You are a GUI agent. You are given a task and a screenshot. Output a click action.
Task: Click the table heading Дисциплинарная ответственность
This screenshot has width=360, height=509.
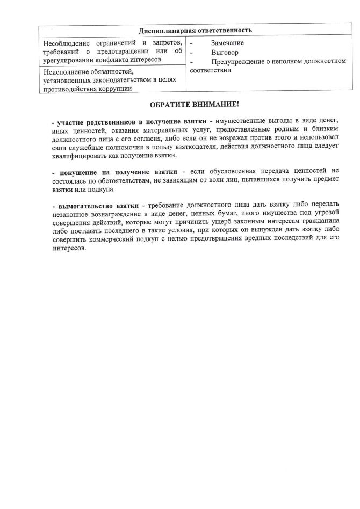coord(195,30)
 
